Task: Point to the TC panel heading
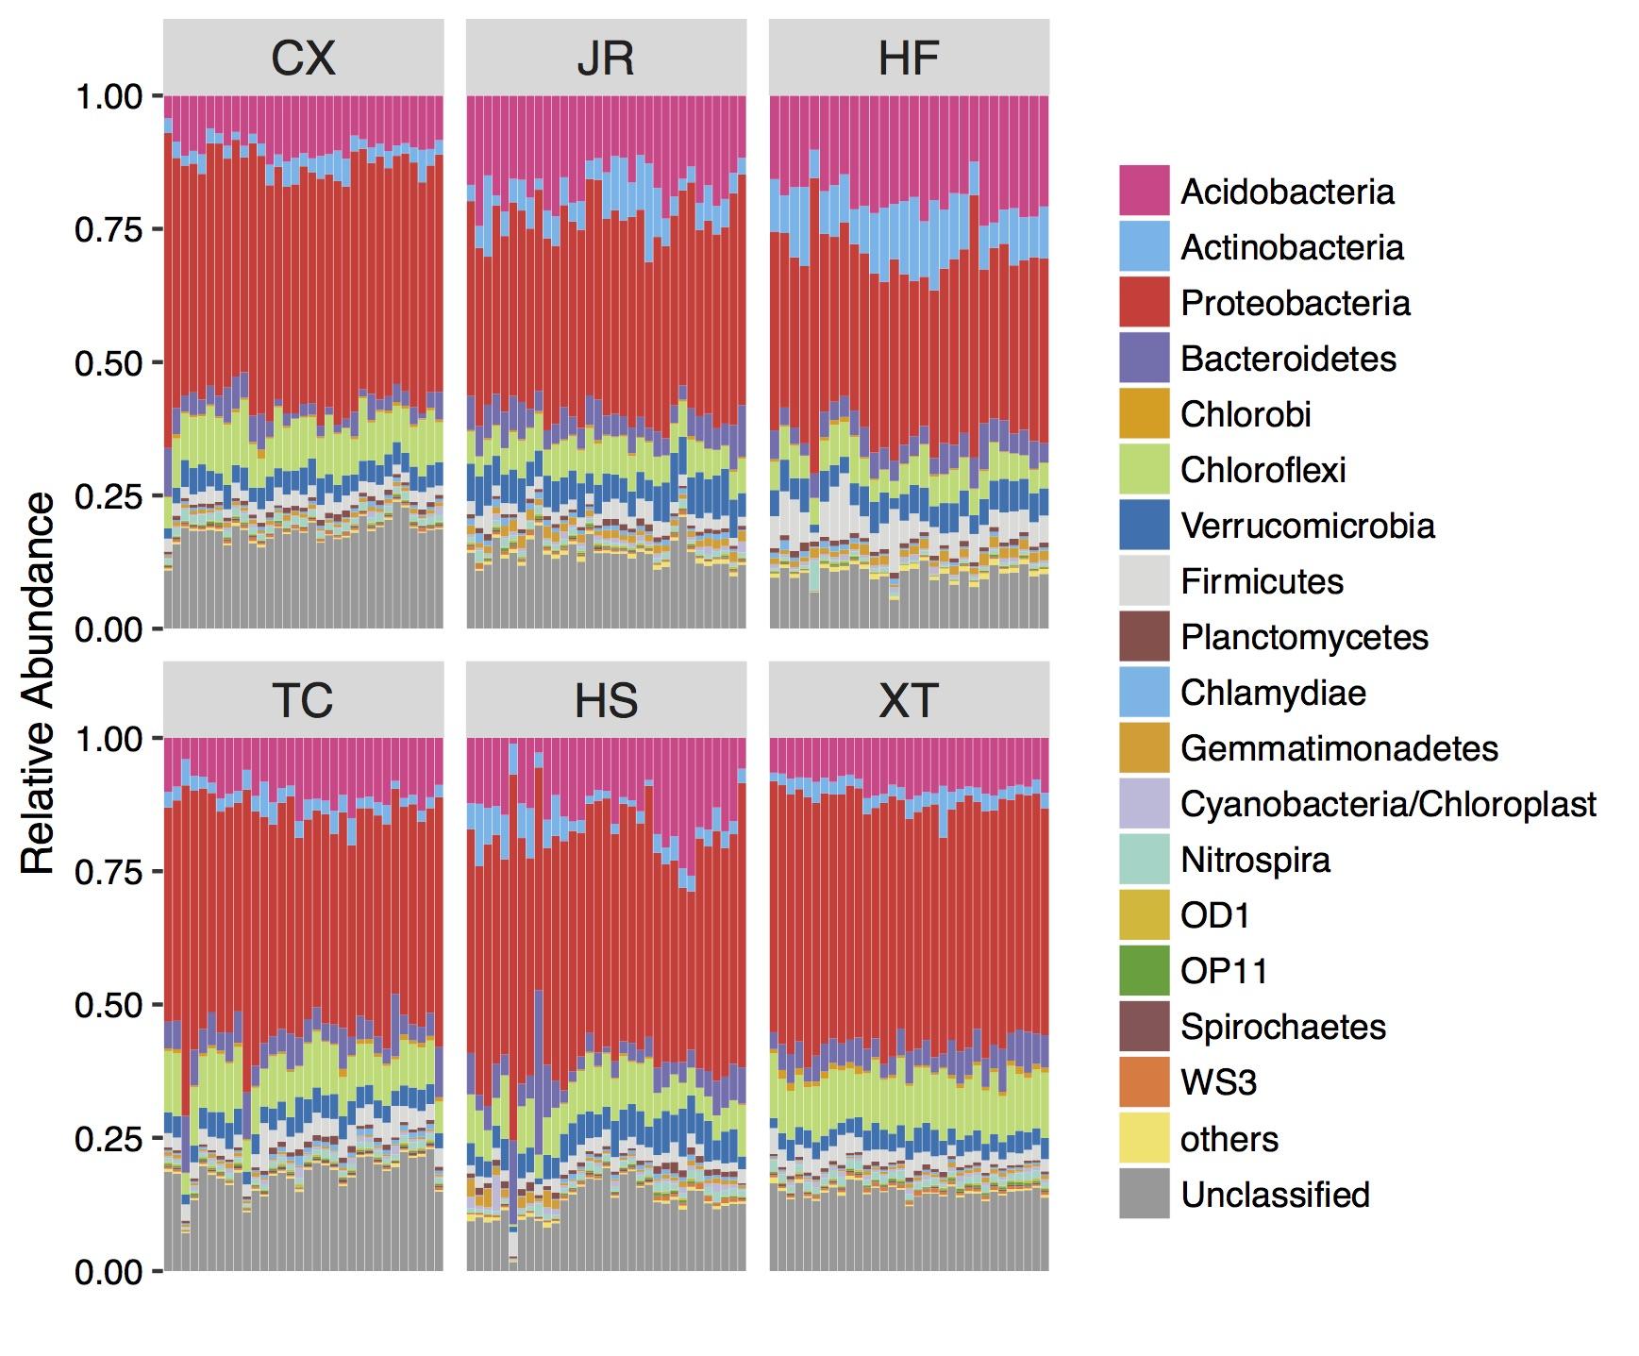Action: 303,700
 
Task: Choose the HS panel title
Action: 606,700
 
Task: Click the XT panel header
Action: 909,700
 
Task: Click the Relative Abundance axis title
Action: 39,684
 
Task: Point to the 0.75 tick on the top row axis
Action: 109,229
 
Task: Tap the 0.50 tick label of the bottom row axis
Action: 109,1005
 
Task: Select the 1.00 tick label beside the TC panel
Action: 109,738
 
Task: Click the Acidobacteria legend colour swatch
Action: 1144,191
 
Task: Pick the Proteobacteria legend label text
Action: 1295,303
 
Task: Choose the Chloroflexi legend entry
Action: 1263,470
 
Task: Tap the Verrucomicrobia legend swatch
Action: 1144,526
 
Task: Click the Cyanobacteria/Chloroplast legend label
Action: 1387,804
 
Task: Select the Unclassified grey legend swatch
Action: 1144,1194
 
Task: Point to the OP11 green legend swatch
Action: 1144,971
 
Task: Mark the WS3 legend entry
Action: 1218,1082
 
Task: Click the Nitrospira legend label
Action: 1255,860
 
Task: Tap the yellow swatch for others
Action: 1144,1138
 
